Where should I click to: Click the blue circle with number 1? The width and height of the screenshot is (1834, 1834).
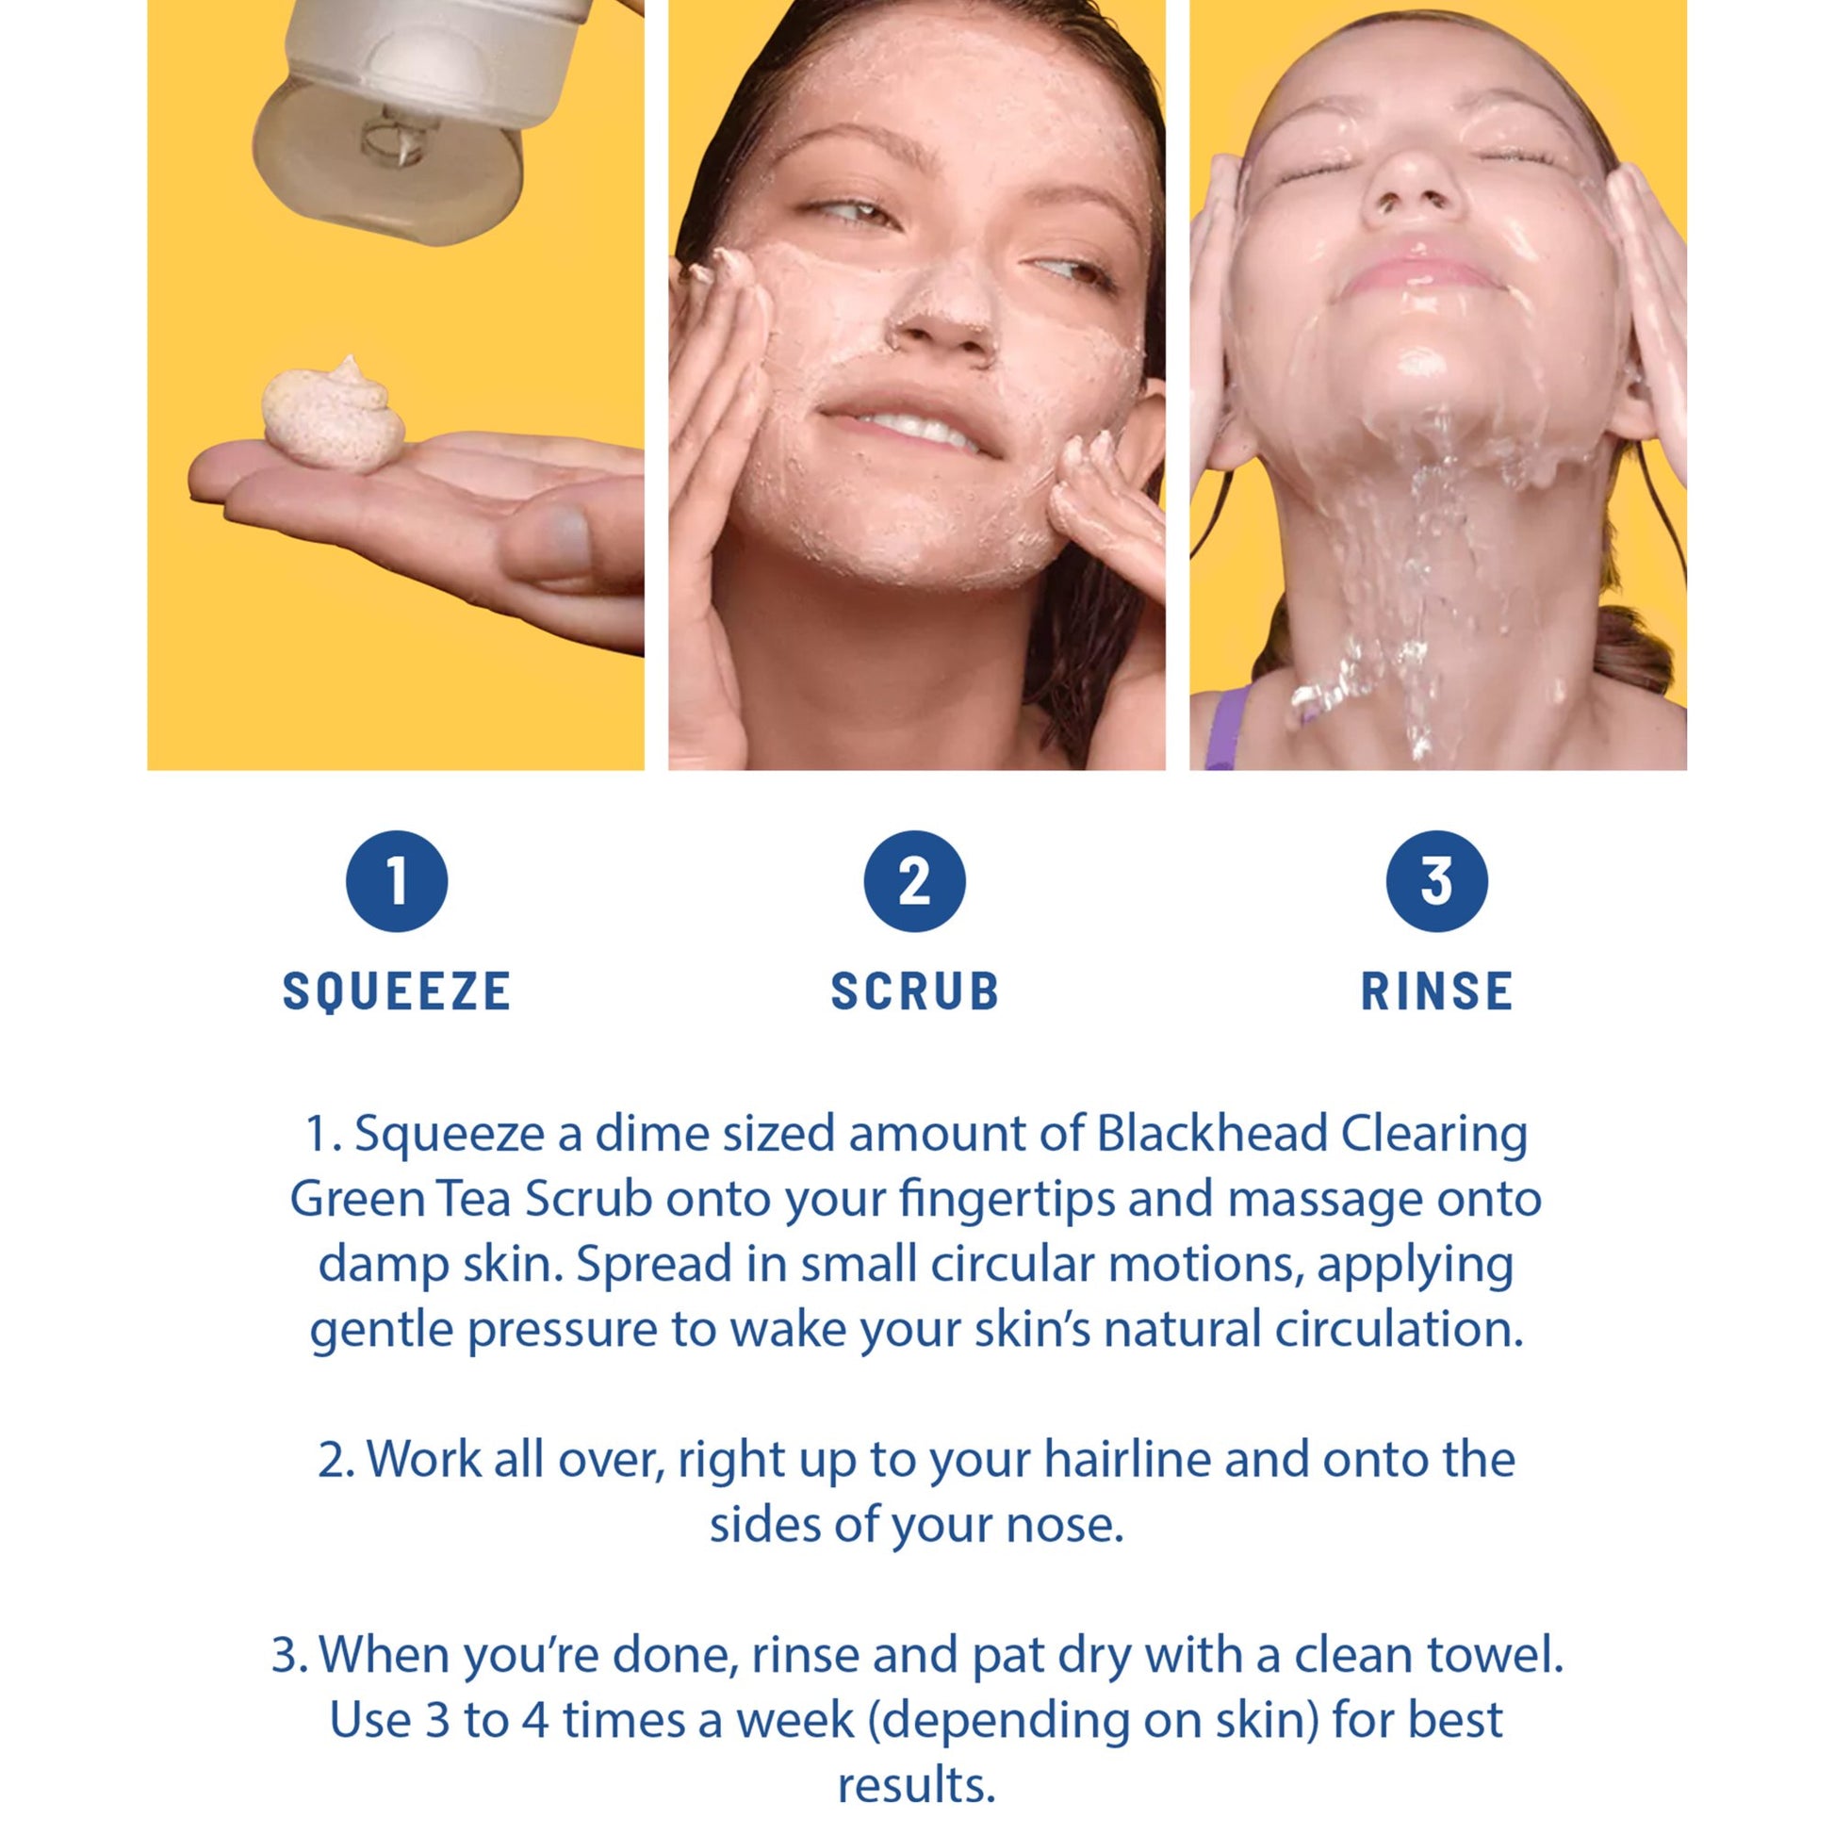[x=397, y=881]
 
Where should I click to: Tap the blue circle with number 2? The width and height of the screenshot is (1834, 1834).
[x=914, y=881]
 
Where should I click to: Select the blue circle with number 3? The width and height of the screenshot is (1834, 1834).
[x=1436, y=881]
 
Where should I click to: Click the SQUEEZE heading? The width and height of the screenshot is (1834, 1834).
[x=397, y=992]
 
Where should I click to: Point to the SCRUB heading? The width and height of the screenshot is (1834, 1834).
[x=915, y=991]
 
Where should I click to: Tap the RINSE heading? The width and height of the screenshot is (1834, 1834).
[x=1436, y=991]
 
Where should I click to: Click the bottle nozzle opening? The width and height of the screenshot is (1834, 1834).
[x=388, y=142]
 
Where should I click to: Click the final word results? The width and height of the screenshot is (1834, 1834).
[x=916, y=1786]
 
